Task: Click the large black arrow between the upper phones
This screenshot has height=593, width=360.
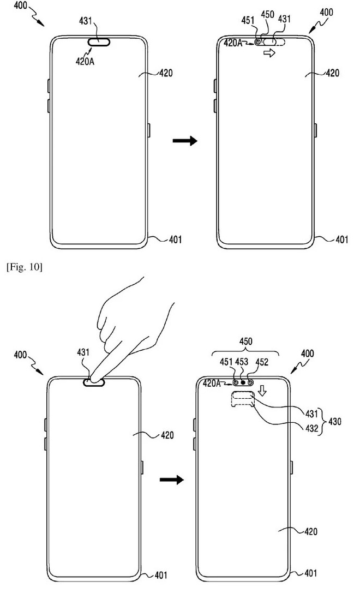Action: pos(184,141)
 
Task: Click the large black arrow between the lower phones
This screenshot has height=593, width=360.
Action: pos(171,480)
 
